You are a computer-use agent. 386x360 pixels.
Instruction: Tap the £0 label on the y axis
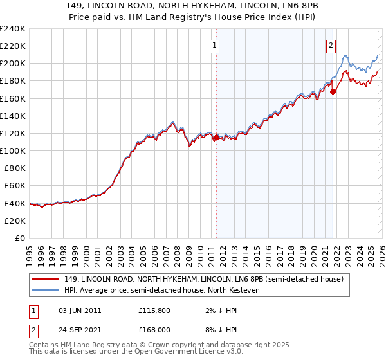click(x=19, y=238)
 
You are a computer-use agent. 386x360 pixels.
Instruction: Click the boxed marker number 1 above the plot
click(x=214, y=45)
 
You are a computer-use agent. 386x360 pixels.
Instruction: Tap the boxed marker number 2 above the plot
click(x=331, y=45)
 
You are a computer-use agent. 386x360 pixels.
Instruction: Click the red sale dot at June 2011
click(x=216, y=137)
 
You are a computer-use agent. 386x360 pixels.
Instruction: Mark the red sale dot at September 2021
click(x=333, y=91)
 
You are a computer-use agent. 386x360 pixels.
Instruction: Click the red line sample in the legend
click(x=46, y=279)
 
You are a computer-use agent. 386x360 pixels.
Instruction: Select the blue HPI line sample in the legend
click(x=46, y=290)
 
